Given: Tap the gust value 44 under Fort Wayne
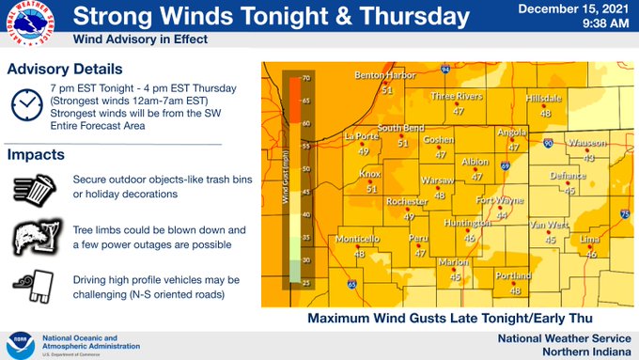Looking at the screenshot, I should (x=501, y=215).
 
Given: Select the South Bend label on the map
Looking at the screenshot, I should (x=401, y=129).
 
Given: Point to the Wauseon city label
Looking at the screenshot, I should (x=588, y=143).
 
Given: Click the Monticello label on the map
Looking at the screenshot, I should (x=357, y=239).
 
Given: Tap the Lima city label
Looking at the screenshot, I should (x=591, y=241).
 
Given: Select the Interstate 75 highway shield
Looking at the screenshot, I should (x=625, y=215).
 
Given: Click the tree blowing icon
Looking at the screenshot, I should (x=34, y=236).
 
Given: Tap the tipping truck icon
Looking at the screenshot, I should (x=34, y=288).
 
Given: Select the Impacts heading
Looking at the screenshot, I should (x=37, y=154).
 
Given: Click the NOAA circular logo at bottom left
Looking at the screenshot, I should (x=21, y=344).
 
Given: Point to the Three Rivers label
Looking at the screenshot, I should (x=457, y=96).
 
